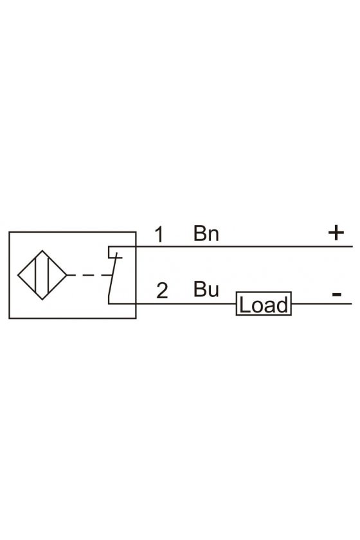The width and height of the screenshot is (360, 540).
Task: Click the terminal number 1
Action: [159, 235]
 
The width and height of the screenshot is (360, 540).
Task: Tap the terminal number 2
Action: [162, 291]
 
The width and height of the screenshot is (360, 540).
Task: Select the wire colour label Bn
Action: [206, 233]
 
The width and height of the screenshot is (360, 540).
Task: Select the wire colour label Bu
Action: [206, 289]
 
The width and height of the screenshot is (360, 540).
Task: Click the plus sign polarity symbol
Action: [336, 233]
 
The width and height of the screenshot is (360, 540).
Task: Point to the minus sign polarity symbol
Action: [337, 294]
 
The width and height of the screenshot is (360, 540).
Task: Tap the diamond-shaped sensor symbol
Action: [18, 275]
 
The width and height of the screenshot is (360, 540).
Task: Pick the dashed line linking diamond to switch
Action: [89, 275]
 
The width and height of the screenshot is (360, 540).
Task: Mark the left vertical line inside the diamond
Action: [35, 275]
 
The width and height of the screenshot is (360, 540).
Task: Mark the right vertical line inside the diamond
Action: [49, 275]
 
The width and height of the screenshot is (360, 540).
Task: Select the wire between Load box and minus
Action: [321, 303]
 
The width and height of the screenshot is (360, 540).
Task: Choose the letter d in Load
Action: [282, 305]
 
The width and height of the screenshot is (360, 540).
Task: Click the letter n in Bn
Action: [213, 235]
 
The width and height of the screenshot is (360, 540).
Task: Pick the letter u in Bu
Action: [213, 291]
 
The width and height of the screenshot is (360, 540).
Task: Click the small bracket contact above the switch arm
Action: [114, 252]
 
